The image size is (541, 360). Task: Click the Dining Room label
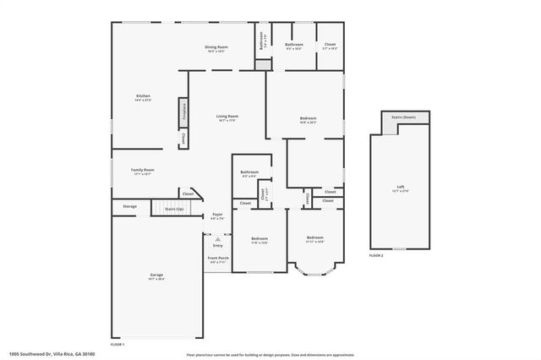(216, 48)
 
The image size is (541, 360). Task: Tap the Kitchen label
(143, 97)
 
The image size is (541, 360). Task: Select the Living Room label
(227, 117)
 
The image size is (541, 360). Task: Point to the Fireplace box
(182, 111)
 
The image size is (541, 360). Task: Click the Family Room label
(142, 171)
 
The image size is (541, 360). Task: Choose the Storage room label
(129, 206)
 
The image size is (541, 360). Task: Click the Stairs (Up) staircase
(167, 206)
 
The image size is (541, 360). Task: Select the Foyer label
(217, 216)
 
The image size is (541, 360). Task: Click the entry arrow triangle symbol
(217, 239)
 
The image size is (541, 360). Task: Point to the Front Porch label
(217, 259)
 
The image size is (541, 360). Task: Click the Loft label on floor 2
(401, 188)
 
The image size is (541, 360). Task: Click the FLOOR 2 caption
(376, 254)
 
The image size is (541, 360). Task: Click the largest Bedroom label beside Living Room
(308, 119)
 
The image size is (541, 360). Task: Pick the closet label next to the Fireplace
(183, 139)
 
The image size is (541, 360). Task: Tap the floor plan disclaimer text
(270, 354)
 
